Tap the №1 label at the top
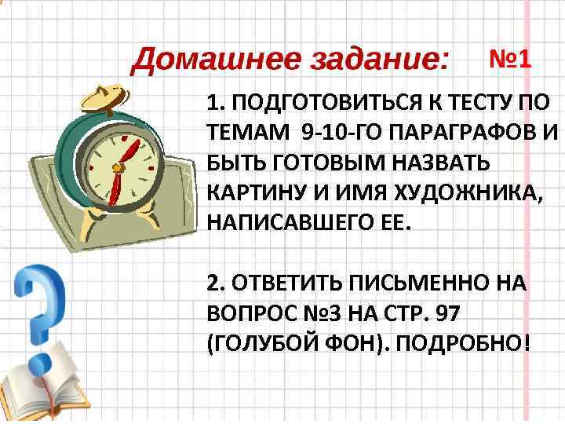click(510, 58)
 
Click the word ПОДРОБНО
click(454, 342)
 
